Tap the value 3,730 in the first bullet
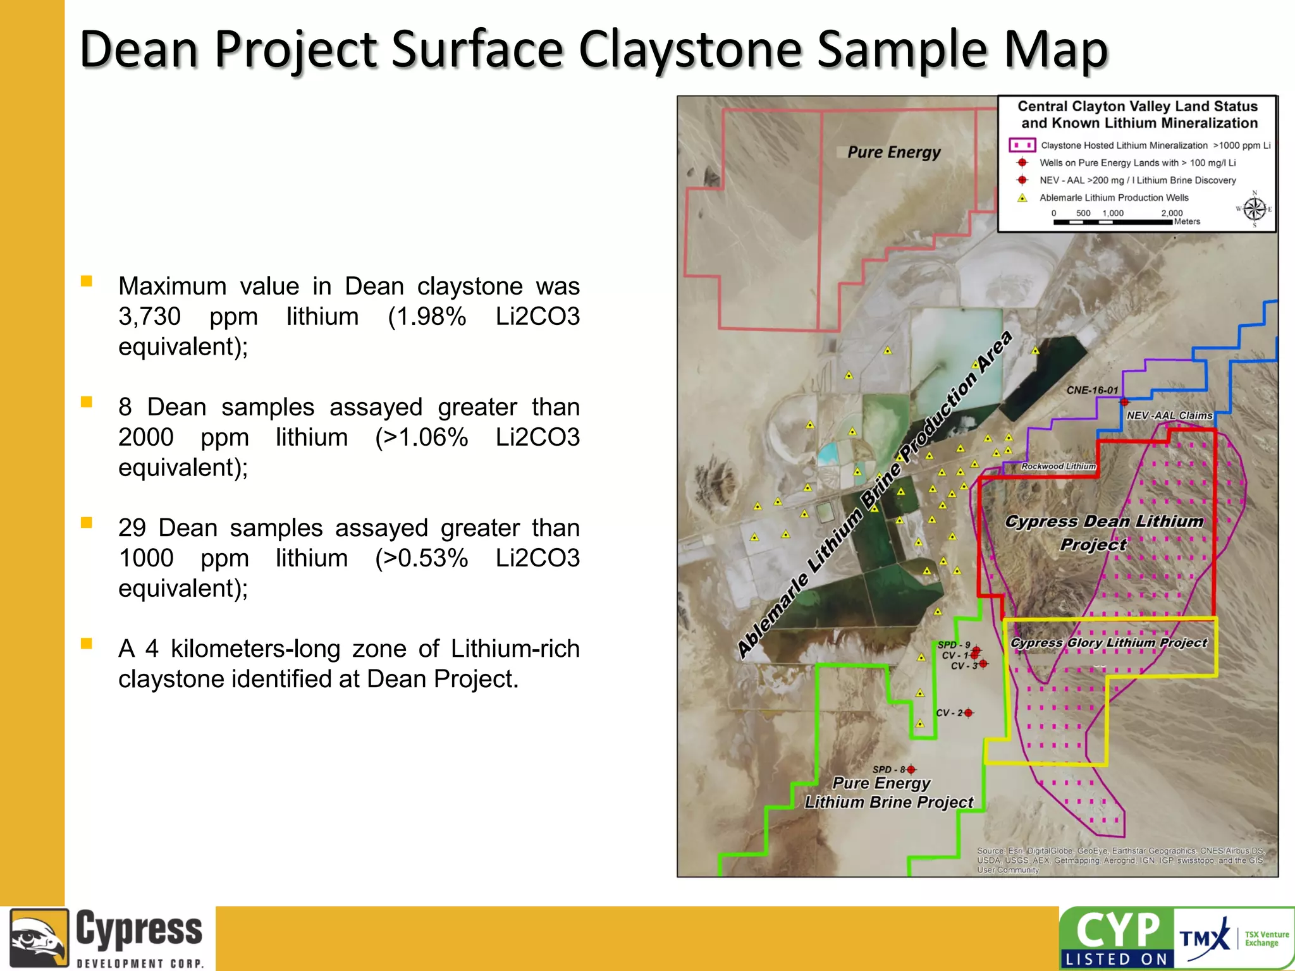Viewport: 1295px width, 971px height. click(x=149, y=316)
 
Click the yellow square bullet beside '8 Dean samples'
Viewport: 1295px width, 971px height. click(x=87, y=402)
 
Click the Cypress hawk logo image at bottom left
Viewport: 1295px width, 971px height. click(x=39, y=937)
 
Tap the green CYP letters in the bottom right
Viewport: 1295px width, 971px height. click(x=1117, y=931)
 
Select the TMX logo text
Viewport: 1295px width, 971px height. click(x=1203, y=937)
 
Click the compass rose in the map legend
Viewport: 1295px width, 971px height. click(x=1255, y=209)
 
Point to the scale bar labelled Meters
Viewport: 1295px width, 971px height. click(x=1113, y=222)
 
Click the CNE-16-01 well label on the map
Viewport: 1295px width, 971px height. click(x=1092, y=391)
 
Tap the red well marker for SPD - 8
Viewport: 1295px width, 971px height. click(x=911, y=769)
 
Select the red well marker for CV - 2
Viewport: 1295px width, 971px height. click(x=968, y=713)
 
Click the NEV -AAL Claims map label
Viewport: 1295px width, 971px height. click(x=1169, y=415)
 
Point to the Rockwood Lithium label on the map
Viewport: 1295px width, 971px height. click(x=1058, y=467)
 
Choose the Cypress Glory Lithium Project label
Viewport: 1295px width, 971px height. click(x=1108, y=643)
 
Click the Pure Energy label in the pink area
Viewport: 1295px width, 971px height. click(x=893, y=152)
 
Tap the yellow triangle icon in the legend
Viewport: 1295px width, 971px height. click(x=1022, y=198)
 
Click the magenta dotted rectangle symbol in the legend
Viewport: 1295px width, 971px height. click(x=1022, y=145)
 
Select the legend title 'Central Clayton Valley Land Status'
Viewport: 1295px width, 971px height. click(x=1137, y=106)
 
